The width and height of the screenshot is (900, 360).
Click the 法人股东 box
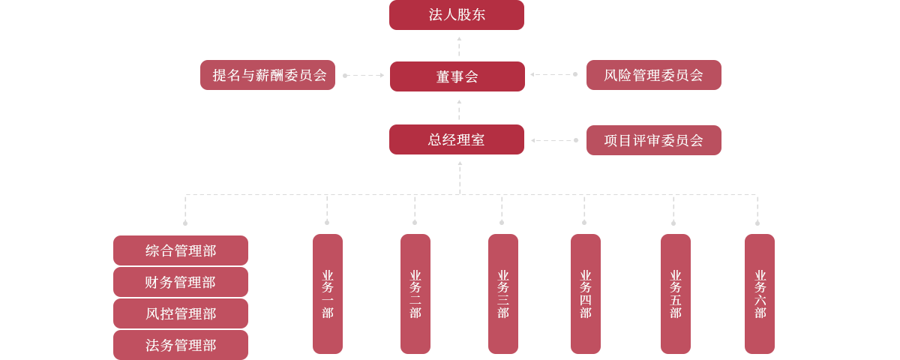pyautogui.click(x=456, y=15)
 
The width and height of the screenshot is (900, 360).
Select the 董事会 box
pyautogui.click(x=457, y=76)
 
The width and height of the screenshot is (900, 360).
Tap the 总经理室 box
pyautogui.click(x=456, y=139)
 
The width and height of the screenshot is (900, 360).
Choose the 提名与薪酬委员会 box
pyautogui.click(x=267, y=75)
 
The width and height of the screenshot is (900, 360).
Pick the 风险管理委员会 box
pyautogui.click(x=653, y=75)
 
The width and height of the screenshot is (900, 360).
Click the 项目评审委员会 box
pyautogui.click(x=653, y=140)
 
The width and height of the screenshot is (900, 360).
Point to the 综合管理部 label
pyautogui.click(x=181, y=251)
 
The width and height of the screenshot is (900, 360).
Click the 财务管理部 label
pyautogui.click(x=181, y=283)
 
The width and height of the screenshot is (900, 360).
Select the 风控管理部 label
pyautogui.click(x=181, y=314)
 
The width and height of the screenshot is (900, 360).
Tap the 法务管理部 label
pyautogui.click(x=181, y=346)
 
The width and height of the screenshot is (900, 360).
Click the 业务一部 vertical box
pyautogui.click(x=327, y=293)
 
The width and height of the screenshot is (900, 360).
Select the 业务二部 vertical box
pyautogui.click(x=415, y=293)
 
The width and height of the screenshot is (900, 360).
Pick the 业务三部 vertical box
pyautogui.click(x=502, y=293)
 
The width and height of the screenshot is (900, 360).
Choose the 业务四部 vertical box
pyautogui.click(x=585, y=293)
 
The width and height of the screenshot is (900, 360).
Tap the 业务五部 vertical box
pyautogui.click(x=675, y=293)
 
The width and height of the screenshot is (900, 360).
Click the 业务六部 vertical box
pyautogui.click(x=759, y=293)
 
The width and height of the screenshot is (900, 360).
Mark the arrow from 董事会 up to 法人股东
pyautogui.click(x=459, y=46)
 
